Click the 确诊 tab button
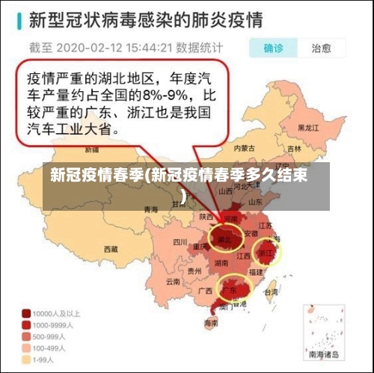[272, 48]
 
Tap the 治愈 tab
[322, 48]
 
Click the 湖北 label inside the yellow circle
[223, 240]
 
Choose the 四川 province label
[180, 241]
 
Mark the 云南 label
[174, 282]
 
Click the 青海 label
[152, 209]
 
